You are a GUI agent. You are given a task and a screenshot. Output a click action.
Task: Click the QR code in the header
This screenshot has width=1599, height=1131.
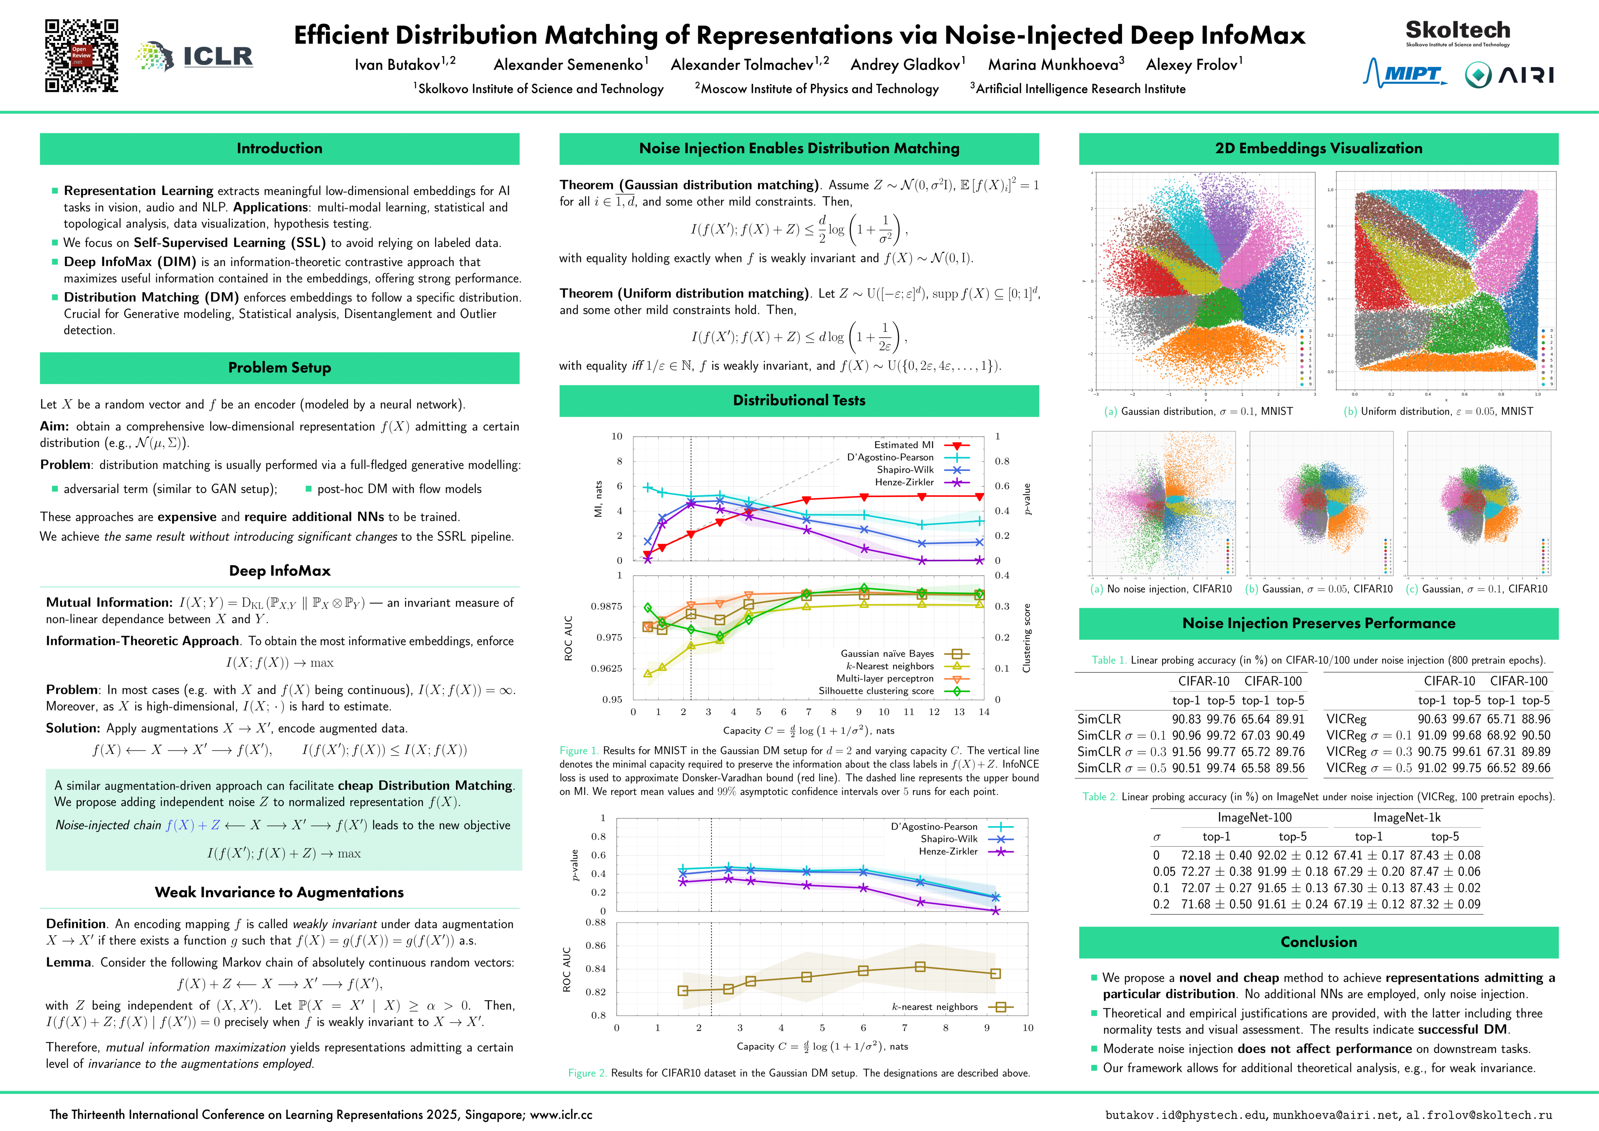pyautogui.click(x=81, y=56)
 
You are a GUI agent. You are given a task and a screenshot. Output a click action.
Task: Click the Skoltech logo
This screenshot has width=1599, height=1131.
pyautogui.click(x=1458, y=32)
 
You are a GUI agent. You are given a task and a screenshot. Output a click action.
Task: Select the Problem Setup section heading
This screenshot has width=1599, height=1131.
pyautogui.click(x=279, y=368)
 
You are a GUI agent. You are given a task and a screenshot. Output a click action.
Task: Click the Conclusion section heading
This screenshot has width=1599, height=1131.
pyautogui.click(x=1318, y=942)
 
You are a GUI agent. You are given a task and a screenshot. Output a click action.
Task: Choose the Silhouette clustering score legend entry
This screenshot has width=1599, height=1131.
pyautogui.click(x=876, y=691)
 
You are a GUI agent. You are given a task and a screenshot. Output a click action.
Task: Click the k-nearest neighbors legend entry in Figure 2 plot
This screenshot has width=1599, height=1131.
pyautogui.click(x=934, y=1007)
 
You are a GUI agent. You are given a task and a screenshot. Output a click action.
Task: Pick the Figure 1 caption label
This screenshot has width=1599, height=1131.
pyautogui.click(x=579, y=751)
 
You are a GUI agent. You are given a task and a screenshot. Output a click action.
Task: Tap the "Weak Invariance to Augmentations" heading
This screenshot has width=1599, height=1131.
pyautogui.click(x=279, y=893)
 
